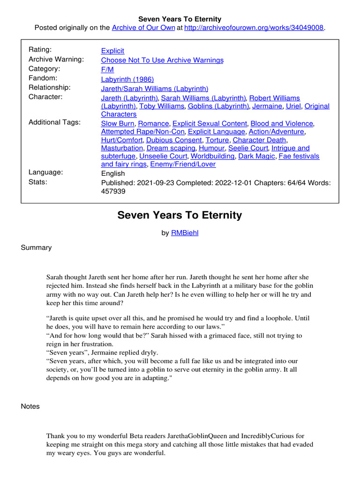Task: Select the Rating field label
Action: point(40,50)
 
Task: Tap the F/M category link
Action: point(107,69)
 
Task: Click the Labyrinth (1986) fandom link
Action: point(127,79)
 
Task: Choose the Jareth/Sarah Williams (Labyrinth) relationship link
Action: point(155,88)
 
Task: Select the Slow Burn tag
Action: point(118,123)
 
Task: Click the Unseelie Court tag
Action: point(164,156)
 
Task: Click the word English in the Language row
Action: point(113,173)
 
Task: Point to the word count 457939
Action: point(113,191)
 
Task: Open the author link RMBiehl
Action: point(185,232)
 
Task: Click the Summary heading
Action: point(36,247)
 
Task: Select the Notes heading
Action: point(30,406)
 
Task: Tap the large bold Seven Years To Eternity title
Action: point(180,215)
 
